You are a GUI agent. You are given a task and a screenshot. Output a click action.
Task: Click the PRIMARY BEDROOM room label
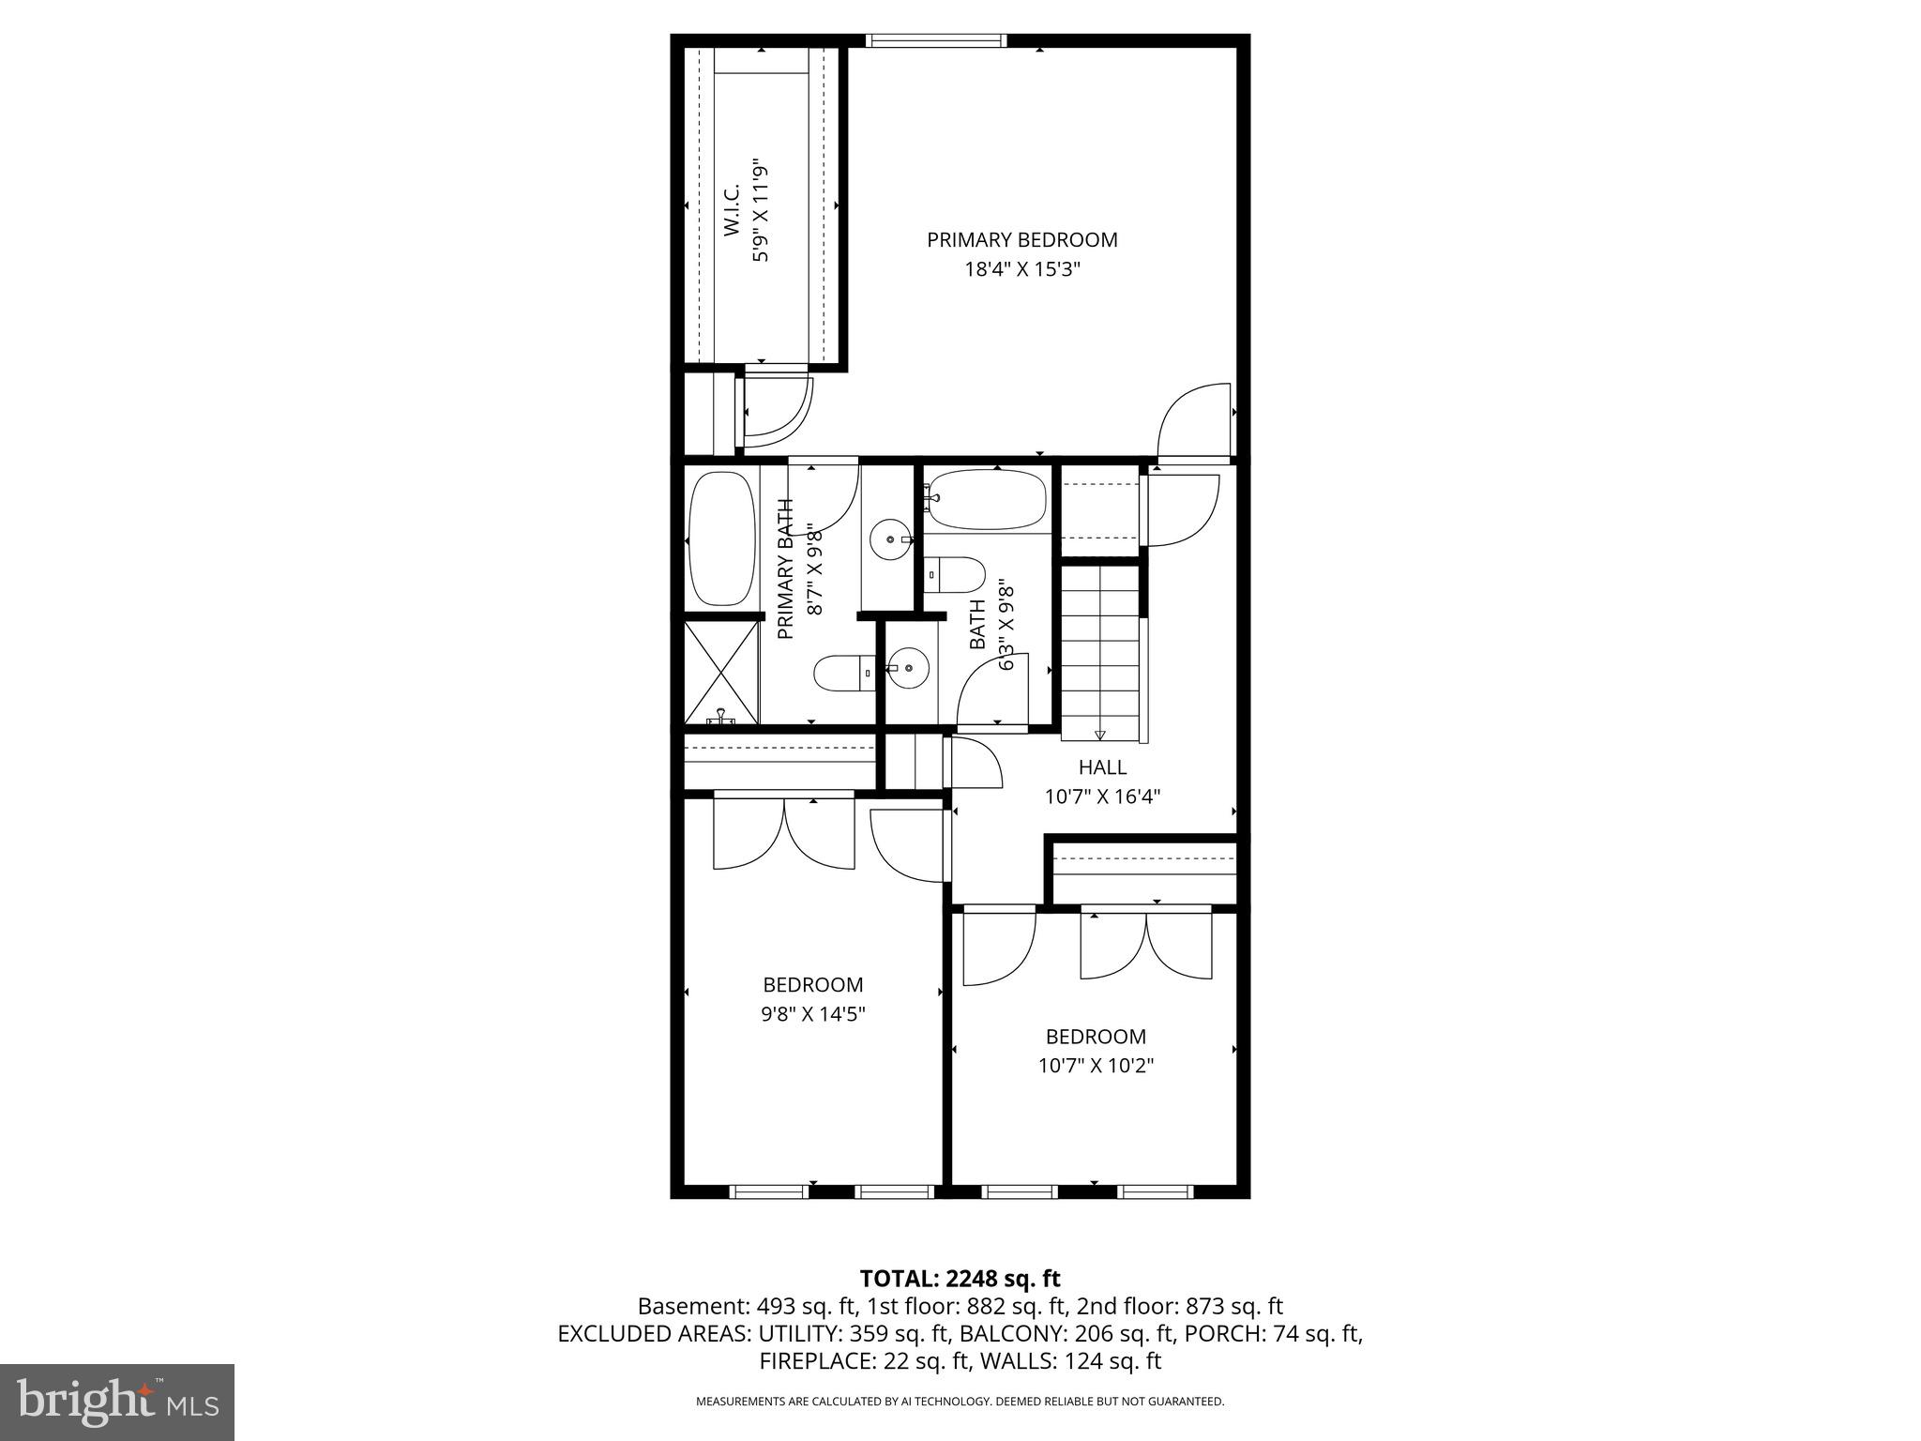[1021, 239]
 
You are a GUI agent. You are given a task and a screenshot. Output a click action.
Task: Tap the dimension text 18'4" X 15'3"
[1022, 270]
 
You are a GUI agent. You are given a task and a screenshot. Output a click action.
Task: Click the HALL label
[1102, 766]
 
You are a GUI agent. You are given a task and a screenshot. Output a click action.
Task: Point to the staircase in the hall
[1100, 647]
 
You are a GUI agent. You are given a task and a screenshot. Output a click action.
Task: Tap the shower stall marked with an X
[721, 672]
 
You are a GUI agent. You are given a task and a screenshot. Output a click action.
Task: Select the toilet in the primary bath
[842, 673]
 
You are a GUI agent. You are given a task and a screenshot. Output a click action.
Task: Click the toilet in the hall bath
[955, 574]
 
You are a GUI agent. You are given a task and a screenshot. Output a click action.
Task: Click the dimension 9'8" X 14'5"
[812, 1014]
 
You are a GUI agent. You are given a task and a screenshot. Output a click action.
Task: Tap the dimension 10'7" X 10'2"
[1096, 1066]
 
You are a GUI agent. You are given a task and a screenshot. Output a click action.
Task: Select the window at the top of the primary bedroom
[936, 40]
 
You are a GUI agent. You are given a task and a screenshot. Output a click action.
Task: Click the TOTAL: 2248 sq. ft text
[960, 1278]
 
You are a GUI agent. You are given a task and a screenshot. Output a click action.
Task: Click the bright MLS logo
[117, 1402]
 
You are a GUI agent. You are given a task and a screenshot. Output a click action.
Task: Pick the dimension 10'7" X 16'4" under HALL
[1102, 796]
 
